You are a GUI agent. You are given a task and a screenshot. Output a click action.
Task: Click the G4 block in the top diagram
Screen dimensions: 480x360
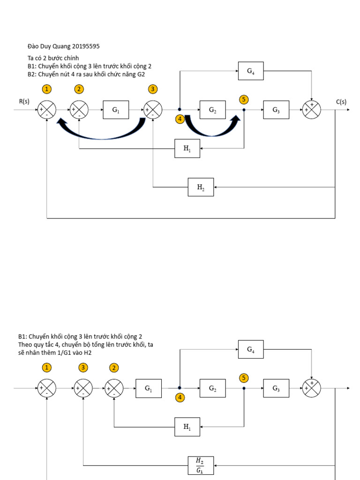coord(251,71)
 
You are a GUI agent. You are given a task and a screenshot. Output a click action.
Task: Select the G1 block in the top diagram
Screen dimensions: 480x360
coord(116,110)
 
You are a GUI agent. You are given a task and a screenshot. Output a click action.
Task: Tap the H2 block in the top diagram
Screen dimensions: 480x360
coord(201,187)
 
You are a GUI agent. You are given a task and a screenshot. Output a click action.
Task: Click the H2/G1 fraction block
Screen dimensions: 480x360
coord(201,465)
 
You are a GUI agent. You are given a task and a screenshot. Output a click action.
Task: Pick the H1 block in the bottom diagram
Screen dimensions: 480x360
coord(187,427)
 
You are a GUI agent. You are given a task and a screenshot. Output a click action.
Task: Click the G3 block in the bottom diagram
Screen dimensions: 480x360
coord(276,388)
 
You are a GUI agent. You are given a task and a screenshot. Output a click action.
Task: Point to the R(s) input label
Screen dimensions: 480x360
coord(24,101)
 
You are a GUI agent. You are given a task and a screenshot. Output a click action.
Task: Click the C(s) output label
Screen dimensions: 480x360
coord(341,101)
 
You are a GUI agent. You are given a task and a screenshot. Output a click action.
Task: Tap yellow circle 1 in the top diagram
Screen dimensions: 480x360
coord(46,89)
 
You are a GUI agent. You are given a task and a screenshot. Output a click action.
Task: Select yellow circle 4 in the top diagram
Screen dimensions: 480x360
coord(180,119)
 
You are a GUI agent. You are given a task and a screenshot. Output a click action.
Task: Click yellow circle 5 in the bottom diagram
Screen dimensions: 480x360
coord(243,378)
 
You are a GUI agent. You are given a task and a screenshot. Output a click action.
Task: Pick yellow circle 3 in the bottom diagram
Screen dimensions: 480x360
coord(83,367)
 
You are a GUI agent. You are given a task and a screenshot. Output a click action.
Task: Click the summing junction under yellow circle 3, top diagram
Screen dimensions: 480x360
coord(153,110)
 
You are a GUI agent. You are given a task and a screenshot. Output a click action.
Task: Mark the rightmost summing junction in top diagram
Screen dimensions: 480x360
coord(311,110)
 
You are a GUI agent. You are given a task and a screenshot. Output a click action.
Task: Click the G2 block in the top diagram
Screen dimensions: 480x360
coord(212,110)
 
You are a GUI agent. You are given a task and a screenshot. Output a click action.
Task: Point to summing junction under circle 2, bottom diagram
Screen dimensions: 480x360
coord(113,388)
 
